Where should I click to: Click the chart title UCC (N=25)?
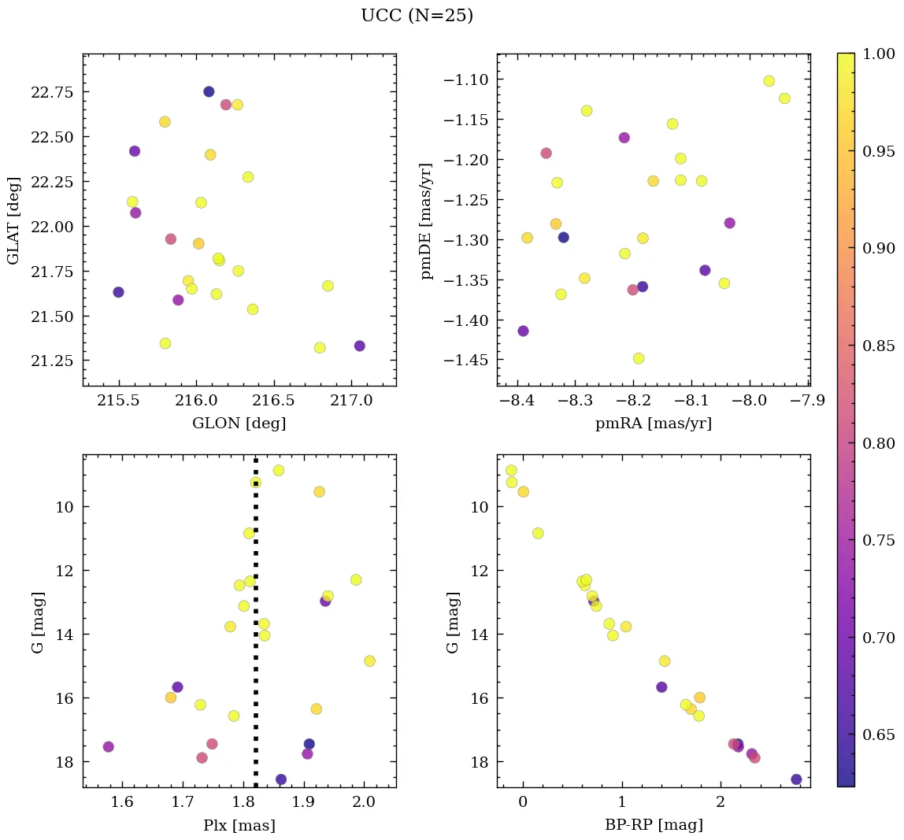coord(417,16)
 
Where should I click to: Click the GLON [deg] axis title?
coord(239,424)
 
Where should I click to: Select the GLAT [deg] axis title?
coord(13,220)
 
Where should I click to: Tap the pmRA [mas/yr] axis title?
coord(653,424)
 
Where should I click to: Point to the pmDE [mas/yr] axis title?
coord(427,220)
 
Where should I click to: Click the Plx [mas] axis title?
coord(239,826)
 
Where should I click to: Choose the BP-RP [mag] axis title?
coord(653,826)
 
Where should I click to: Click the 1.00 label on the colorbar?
coord(878,54)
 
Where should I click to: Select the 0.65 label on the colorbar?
coord(878,735)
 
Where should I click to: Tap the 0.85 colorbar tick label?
coord(878,346)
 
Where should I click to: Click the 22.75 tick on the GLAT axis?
coord(51,92)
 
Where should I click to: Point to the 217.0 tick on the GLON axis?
coord(350,401)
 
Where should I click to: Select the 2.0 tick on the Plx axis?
coord(363,803)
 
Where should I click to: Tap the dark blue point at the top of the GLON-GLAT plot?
coord(209,91)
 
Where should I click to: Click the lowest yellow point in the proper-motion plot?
coord(639,358)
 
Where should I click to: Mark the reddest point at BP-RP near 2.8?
coord(796,779)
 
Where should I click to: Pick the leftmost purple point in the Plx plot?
coord(108,746)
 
